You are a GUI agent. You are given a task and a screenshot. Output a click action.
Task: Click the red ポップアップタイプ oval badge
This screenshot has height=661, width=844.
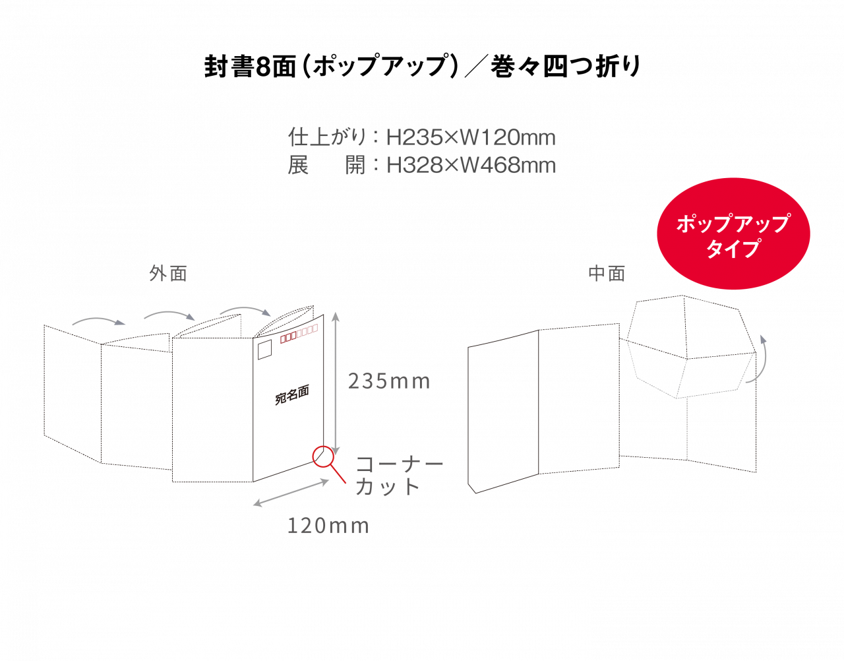click(733, 234)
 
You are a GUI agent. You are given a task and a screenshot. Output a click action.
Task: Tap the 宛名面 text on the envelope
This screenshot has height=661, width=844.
click(291, 394)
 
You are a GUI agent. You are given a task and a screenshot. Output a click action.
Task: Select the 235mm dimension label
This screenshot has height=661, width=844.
click(389, 381)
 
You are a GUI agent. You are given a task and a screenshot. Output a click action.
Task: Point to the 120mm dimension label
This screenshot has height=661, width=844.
click(328, 526)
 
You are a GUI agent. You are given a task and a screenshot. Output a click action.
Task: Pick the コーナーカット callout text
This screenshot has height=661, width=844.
click(400, 476)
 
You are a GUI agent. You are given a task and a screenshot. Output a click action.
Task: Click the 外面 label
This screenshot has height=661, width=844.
click(168, 274)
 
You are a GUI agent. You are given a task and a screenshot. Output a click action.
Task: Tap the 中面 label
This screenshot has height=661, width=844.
click(607, 274)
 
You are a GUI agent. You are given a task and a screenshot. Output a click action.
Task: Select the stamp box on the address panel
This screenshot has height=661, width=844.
click(264, 350)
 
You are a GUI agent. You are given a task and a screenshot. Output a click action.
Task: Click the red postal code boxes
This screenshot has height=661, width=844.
click(299, 333)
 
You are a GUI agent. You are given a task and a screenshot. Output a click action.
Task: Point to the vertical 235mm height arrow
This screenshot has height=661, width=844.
click(336, 383)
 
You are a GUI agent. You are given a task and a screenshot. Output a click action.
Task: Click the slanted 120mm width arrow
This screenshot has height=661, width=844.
click(291, 493)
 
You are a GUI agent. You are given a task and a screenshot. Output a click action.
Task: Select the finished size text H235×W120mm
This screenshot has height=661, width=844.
click(471, 138)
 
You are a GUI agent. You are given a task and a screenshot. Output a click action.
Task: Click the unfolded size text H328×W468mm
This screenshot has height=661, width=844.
click(471, 166)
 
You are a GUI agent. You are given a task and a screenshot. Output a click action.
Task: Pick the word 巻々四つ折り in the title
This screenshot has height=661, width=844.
click(566, 67)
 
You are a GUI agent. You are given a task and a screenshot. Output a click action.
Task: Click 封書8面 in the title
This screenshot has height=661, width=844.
click(251, 67)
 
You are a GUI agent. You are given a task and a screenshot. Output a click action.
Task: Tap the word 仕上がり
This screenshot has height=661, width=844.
click(327, 137)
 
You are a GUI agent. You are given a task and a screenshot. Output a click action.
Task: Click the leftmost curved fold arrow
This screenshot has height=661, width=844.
click(99, 321)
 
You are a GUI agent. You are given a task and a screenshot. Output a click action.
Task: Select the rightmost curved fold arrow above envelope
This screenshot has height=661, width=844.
click(245, 310)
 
